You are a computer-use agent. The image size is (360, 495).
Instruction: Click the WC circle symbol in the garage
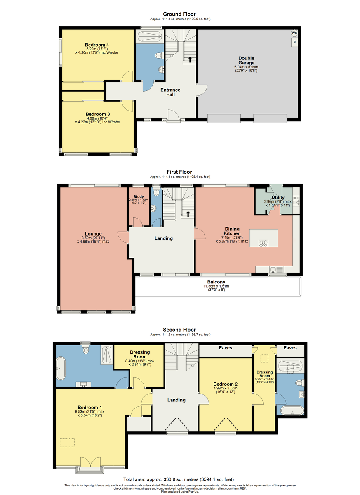click(294, 33)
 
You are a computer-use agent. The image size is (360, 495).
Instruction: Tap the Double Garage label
click(246, 60)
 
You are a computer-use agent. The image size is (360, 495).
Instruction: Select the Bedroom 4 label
click(97, 45)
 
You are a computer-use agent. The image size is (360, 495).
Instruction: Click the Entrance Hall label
click(170, 92)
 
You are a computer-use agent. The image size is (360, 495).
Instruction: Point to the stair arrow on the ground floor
click(190, 59)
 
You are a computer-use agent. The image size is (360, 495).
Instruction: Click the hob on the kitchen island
click(264, 243)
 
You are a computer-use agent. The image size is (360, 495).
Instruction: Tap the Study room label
click(139, 196)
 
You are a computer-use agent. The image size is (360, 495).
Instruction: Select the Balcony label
click(216, 282)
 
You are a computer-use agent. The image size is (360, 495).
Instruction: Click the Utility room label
click(278, 197)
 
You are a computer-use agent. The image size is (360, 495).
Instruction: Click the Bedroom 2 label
click(226, 384)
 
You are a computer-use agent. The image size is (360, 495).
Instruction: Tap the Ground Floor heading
click(179, 14)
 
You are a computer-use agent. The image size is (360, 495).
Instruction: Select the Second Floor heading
click(179, 330)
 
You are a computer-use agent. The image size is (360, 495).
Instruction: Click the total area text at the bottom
click(179, 479)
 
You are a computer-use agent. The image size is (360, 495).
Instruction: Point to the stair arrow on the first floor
click(188, 214)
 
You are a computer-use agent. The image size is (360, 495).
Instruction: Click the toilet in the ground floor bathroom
click(159, 55)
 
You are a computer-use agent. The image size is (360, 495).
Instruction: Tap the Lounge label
click(93, 234)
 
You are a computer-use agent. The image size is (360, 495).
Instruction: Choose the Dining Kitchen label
click(232, 231)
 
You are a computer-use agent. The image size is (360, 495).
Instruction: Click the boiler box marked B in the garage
click(294, 42)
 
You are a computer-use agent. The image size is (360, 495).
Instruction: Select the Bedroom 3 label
click(98, 114)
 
